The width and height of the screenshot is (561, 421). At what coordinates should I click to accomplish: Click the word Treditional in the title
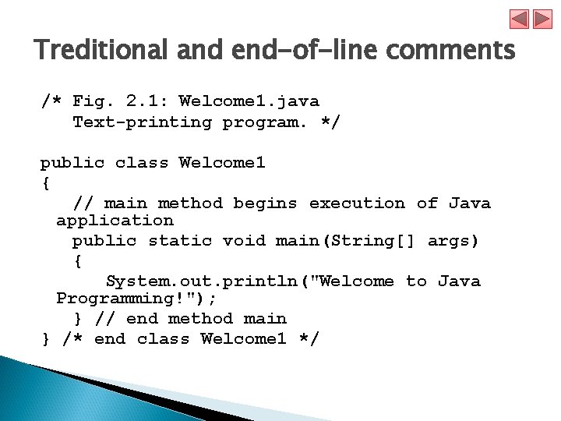pyautogui.click(x=101, y=51)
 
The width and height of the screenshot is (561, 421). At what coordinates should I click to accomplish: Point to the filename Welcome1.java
pyautogui.click(x=249, y=101)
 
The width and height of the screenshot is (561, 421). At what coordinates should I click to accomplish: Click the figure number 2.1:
pyautogui.click(x=146, y=101)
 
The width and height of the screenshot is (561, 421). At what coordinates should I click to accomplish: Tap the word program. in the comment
pyautogui.click(x=266, y=122)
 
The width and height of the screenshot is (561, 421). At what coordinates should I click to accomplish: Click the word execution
pyautogui.click(x=357, y=203)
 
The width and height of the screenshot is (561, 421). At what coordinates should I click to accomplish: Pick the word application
pyautogui.click(x=115, y=221)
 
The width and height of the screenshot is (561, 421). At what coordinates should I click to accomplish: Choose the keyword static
pyautogui.click(x=179, y=241)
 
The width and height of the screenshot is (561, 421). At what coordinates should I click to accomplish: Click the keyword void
pyautogui.click(x=244, y=241)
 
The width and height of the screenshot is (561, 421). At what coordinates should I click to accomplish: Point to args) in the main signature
pyautogui.click(x=453, y=241)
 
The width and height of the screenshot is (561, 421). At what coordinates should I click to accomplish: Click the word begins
pyautogui.click(x=265, y=203)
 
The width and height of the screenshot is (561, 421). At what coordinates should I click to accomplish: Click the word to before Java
pyautogui.click(x=416, y=281)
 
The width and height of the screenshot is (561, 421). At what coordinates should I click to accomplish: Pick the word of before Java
pyautogui.click(x=427, y=203)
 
